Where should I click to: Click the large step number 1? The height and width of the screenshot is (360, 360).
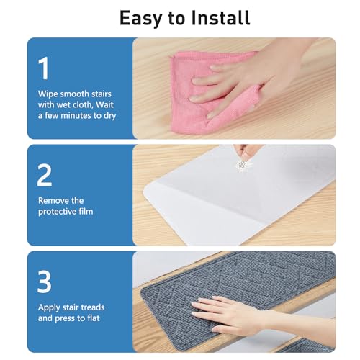[x=44, y=68]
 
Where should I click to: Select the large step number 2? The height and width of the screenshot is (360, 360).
[x=45, y=175]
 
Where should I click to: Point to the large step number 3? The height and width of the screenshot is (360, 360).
[x=45, y=282]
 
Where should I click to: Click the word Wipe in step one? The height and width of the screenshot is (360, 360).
[x=48, y=94]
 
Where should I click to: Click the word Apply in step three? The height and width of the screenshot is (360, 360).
[x=49, y=308]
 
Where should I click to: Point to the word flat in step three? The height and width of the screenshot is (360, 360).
[x=93, y=318]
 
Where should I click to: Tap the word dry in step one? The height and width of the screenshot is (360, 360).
[x=109, y=116]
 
